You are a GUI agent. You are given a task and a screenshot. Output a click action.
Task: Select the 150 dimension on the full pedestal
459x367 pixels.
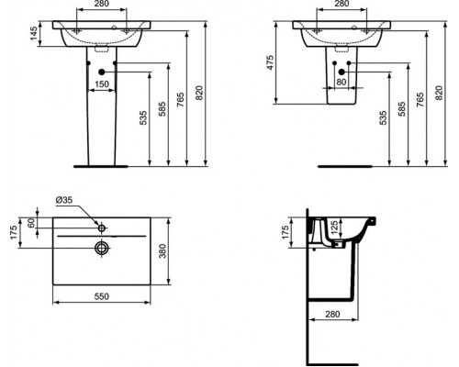click(x=103, y=84)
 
